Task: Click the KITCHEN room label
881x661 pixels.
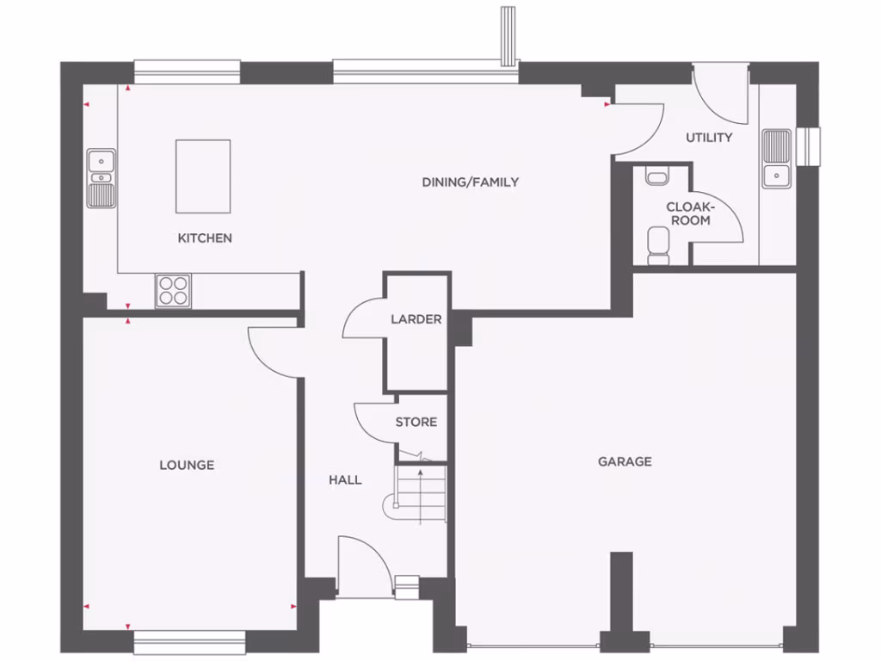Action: click(x=205, y=238)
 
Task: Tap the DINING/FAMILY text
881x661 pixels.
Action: click(x=470, y=182)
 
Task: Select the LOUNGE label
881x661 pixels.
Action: click(x=187, y=465)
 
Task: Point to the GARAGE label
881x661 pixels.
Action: click(x=625, y=461)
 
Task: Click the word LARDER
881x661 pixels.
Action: click(x=416, y=319)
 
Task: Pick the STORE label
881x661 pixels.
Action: click(x=416, y=422)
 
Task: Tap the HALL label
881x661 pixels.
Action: click(x=345, y=479)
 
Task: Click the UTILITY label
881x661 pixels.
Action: click(x=709, y=138)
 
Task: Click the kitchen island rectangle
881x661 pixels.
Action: click(x=203, y=176)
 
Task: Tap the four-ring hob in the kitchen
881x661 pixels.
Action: click(x=173, y=290)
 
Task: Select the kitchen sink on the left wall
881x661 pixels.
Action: click(x=102, y=178)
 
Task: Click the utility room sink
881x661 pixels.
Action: click(x=776, y=158)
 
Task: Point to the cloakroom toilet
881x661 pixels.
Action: click(x=658, y=246)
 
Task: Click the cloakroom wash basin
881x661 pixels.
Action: click(x=657, y=177)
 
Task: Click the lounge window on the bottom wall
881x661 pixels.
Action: click(x=189, y=642)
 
